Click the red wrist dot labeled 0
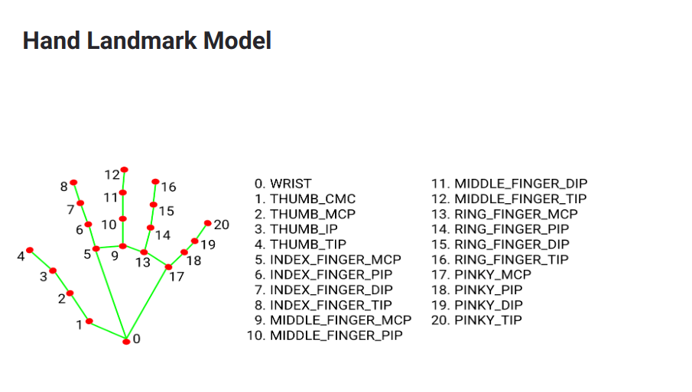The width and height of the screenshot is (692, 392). (x=126, y=342)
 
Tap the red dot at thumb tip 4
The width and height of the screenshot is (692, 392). (x=30, y=250)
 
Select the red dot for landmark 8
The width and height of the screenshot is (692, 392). (x=73, y=183)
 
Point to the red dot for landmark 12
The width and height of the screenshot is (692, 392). (x=125, y=170)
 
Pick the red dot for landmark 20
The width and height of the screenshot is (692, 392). (x=208, y=223)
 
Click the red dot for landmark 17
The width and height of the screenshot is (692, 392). (x=168, y=267)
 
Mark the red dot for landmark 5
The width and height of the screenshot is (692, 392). (x=96, y=248)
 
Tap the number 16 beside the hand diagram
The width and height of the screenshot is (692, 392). (x=168, y=187)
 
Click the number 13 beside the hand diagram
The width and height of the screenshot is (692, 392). (x=142, y=263)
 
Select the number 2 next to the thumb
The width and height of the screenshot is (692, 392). (x=62, y=299)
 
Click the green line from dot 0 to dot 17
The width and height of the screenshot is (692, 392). (x=148, y=304)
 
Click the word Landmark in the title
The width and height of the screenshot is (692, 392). (x=141, y=40)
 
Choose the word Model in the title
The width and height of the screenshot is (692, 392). (x=237, y=40)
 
